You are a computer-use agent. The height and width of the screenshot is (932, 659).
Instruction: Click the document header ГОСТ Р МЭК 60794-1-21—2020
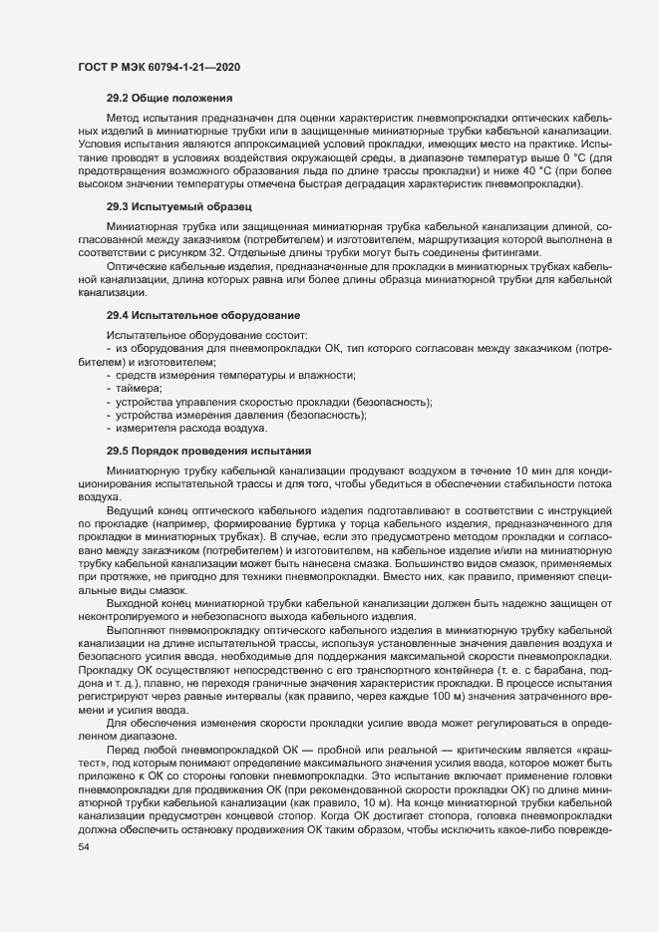[158, 67]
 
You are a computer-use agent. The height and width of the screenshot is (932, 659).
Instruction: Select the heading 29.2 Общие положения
[169, 98]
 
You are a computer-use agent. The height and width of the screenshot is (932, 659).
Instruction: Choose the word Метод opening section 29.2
[124, 117]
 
